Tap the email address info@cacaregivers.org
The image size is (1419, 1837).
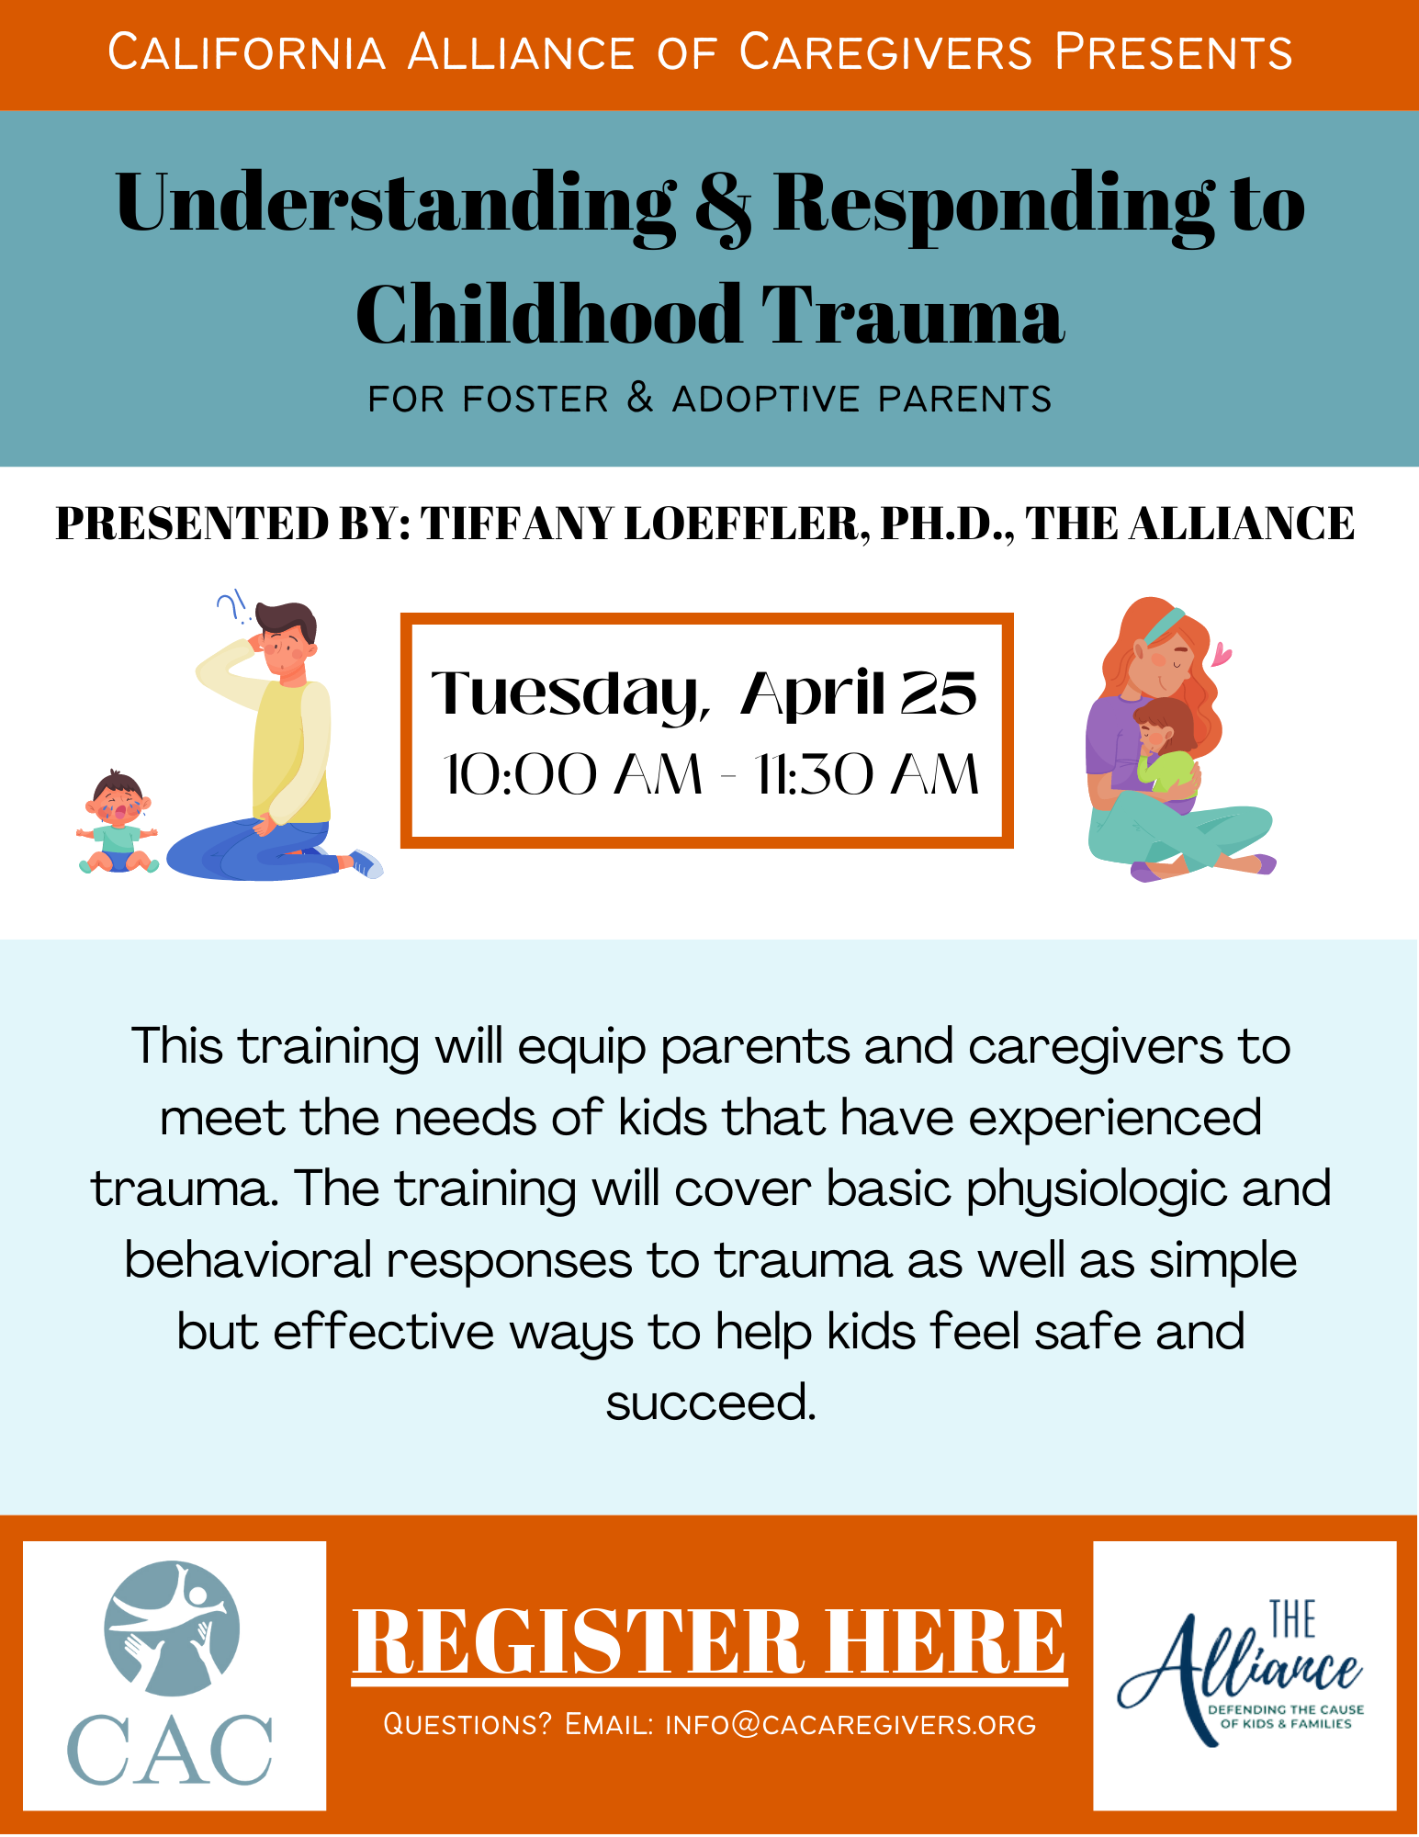850,1725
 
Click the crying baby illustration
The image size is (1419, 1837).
118,821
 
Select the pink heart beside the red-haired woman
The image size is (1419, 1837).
1222,654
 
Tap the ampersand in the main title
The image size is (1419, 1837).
723,207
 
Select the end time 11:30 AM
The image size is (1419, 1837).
866,774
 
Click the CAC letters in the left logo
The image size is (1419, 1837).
171,1749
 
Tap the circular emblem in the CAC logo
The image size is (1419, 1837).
172,1629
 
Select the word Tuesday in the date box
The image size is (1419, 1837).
569,695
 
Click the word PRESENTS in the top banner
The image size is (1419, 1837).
1174,52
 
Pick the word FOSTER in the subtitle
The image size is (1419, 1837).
535,400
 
